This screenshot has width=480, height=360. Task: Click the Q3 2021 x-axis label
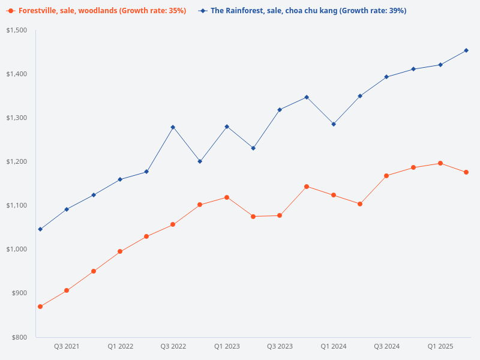pos(67,347)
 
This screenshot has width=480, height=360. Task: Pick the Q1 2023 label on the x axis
pos(227,347)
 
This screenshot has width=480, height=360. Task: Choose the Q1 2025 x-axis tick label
pos(440,347)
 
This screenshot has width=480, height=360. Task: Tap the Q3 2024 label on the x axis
pos(387,347)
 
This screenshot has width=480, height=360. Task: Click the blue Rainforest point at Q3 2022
pos(173,127)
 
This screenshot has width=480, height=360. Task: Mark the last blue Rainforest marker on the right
pos(467,50)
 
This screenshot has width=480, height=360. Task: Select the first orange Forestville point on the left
pos(40,307)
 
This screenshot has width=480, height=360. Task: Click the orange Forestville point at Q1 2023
pos(227,197)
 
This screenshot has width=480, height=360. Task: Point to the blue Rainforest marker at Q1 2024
pos(334,124)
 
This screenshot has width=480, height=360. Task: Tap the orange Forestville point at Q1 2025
pos(440,163)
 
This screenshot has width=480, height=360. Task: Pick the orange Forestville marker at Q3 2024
pos(386,176)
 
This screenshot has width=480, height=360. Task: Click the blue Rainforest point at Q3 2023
pos(280,110)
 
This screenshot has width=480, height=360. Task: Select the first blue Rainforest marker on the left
pos(40,229)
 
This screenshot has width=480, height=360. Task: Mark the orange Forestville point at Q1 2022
pos(120,251)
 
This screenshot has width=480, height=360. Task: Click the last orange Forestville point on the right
pos(466,172)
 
